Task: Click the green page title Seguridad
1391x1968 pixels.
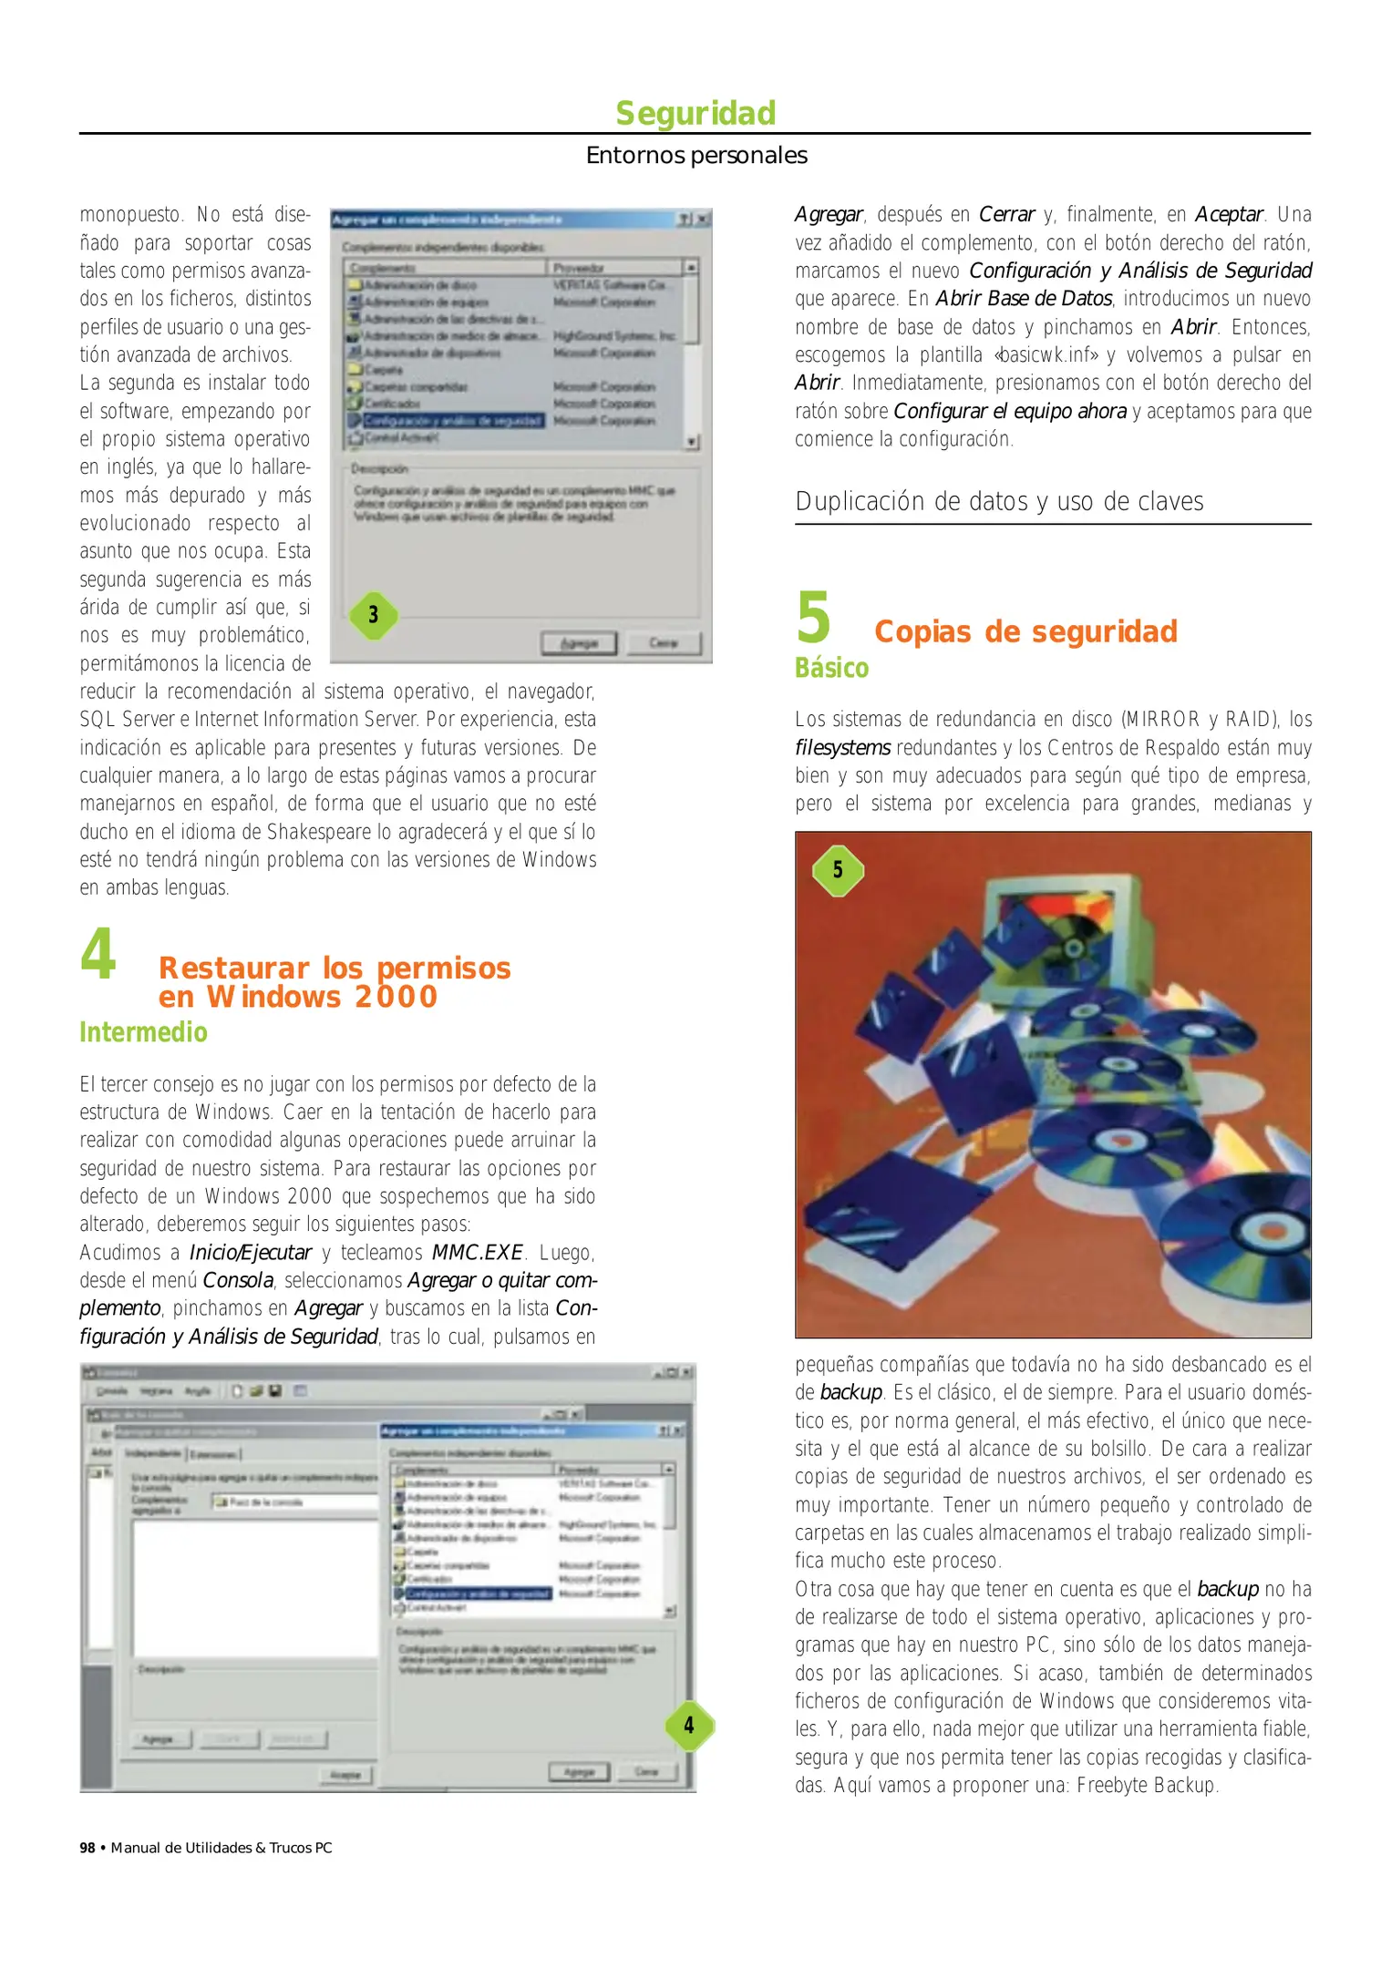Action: point(695,114)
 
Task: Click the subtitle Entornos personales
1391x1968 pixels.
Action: point(696,156)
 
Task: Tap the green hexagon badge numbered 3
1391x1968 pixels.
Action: point(374,615)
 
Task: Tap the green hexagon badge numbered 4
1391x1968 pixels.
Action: point(689,1725)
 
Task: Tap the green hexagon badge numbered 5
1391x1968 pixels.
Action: point(838,870)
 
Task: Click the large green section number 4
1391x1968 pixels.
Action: point(98,954)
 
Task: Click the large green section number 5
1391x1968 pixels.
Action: point(814,618)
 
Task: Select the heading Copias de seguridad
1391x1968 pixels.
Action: point(1025,631)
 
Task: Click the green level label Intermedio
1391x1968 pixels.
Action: point(143,1032)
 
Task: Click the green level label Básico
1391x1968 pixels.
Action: point(831,668)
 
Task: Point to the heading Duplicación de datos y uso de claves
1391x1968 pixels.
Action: point(999,502)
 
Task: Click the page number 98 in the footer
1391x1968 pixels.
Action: point(88,1848)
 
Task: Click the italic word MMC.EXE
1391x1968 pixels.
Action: point(477,1253)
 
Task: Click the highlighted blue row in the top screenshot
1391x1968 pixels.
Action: point(454,421)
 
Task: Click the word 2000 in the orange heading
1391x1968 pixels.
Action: point(397,997)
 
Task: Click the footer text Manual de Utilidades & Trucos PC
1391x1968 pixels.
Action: point(222,1848)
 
